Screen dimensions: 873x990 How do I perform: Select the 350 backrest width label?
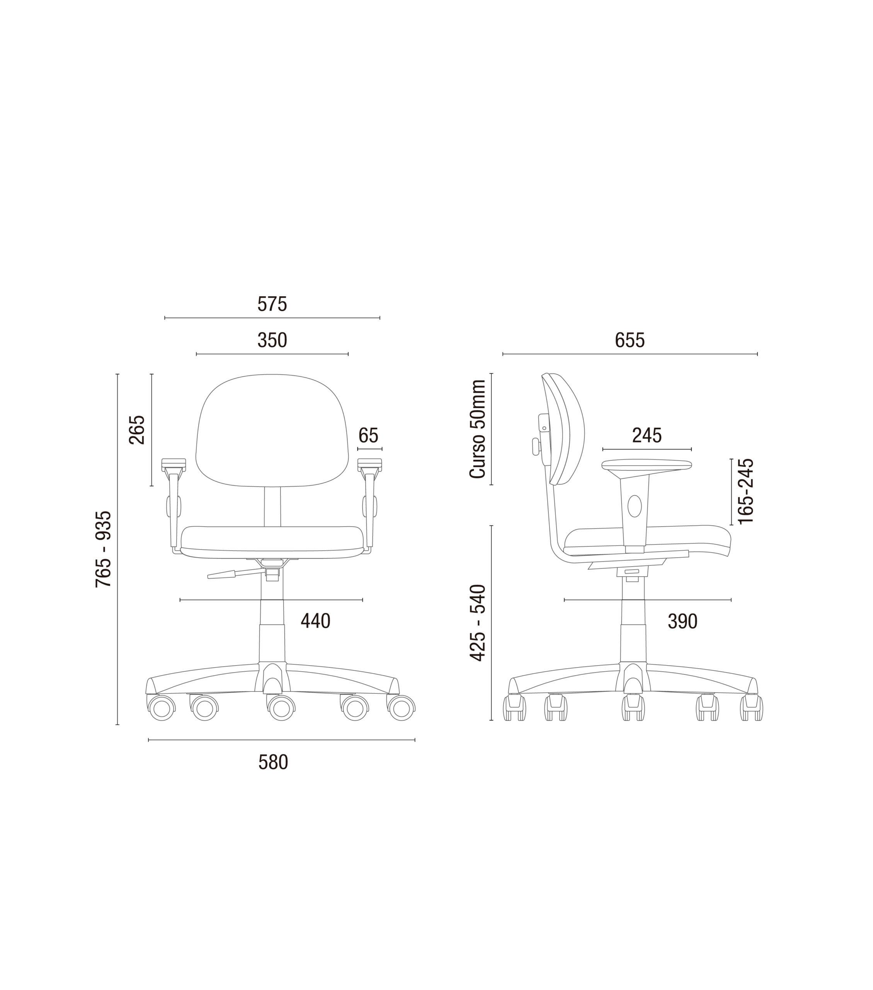[x=272, y=340]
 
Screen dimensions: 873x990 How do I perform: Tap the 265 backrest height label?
[x=137, y=430]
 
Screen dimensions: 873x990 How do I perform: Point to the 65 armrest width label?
[x=368, y=435]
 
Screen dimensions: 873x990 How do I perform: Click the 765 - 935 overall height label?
[x=104, y=549]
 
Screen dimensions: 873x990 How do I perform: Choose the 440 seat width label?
[x=315, y=621]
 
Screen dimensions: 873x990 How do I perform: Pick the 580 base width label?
[x=273, y=762]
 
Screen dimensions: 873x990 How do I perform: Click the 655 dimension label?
[x=630, y=340]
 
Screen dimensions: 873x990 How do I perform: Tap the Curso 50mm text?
[x=477, y=429]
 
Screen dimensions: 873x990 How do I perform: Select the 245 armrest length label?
[x=647, y=435]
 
